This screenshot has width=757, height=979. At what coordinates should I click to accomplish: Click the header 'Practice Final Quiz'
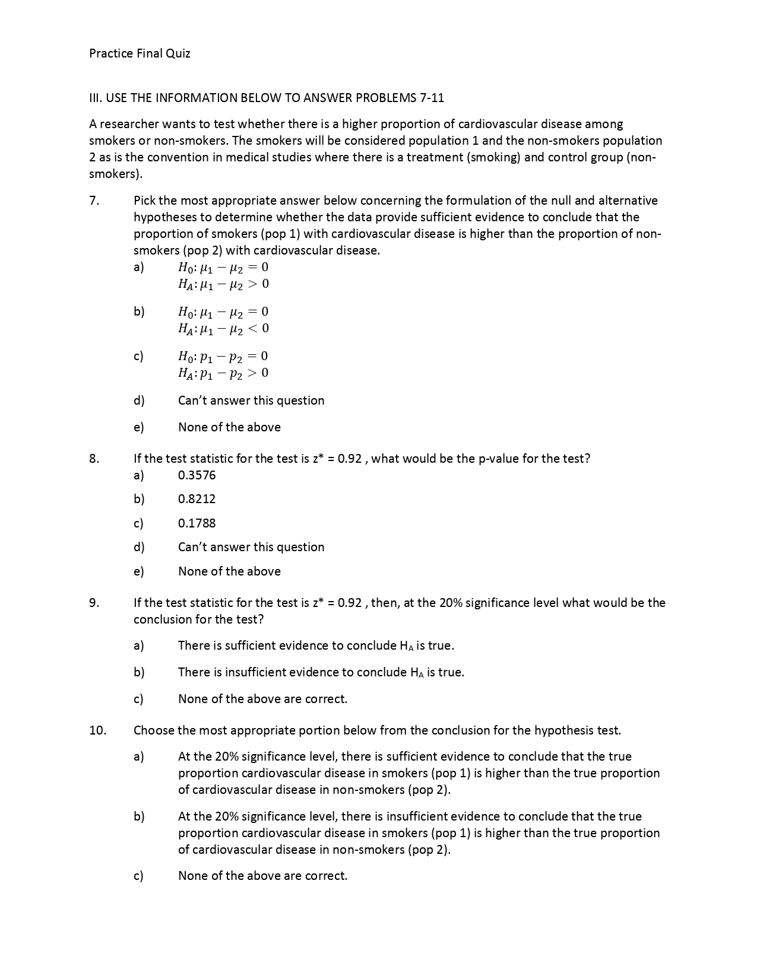140,53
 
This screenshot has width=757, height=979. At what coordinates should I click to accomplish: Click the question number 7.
94,201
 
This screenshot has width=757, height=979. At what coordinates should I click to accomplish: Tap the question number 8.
94,459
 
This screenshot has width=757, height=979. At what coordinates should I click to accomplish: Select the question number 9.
94,603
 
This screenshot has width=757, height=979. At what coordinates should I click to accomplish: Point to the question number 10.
97,730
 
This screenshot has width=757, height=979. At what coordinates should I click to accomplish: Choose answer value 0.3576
197,475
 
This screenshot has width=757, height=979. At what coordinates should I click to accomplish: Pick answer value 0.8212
197,499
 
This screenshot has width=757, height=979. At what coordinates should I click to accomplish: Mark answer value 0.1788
197,523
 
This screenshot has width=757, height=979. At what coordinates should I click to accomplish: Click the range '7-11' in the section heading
432,98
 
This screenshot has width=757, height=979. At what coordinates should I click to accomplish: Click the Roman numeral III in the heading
95,98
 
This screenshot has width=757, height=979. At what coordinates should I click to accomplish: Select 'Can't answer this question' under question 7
251,401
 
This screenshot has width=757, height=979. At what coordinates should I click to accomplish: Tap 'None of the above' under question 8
229,571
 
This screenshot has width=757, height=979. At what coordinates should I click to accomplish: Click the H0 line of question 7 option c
223,356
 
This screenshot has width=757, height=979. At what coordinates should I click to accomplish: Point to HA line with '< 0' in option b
223,328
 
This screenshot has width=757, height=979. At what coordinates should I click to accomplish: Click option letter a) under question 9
138,646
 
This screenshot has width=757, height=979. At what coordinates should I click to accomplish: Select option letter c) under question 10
138,876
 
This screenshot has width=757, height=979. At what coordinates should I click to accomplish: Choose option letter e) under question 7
138,427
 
